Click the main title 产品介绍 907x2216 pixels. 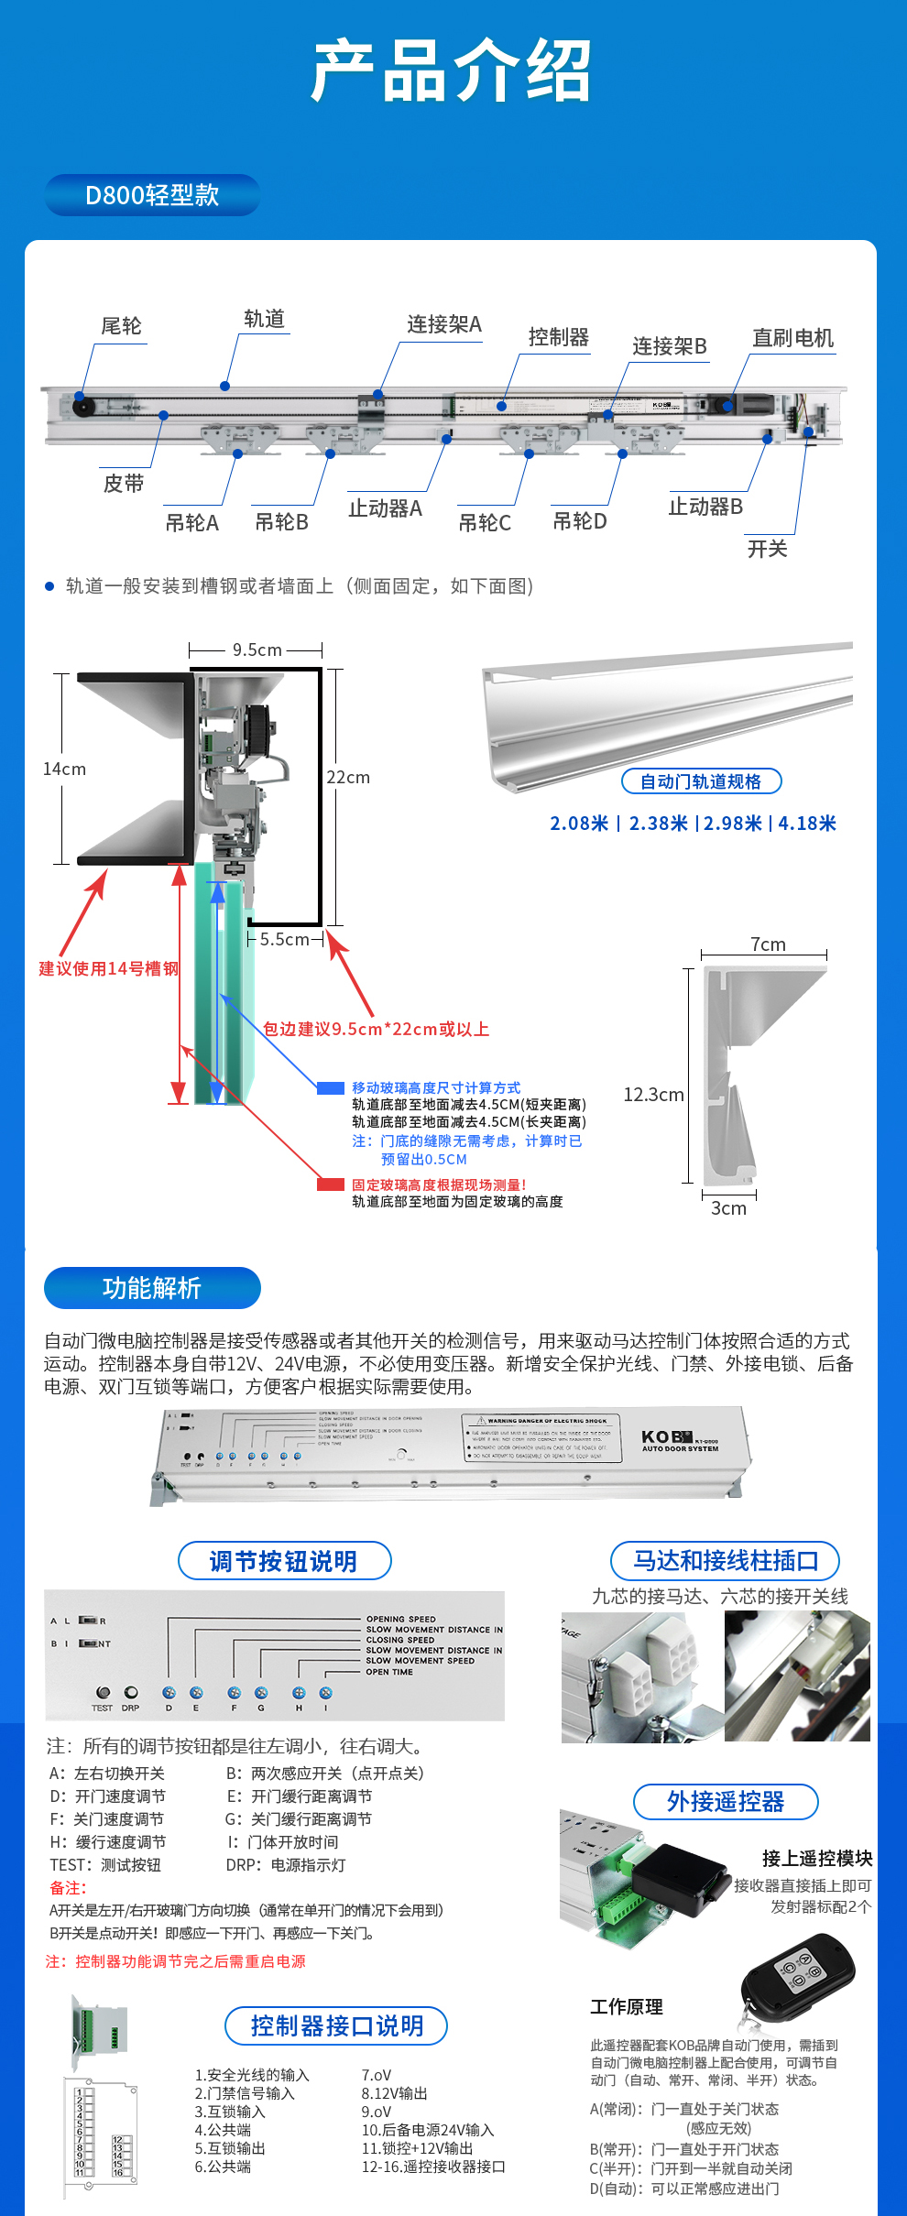point(452,71)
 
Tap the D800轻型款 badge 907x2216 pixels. point(152,195)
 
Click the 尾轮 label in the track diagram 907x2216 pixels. point(121,326)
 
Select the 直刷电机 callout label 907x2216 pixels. point(792,338)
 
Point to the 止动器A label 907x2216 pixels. point(385,508)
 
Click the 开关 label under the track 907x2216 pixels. point(767,549)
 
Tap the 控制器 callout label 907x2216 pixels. point(558,337)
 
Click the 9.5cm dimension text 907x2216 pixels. point(257,650)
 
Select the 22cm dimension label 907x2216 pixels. point(348,777)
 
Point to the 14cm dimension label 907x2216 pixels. point(64,769)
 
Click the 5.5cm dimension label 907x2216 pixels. point(284,939)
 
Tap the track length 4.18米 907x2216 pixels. point(807,823)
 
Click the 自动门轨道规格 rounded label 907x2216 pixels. point(701,781)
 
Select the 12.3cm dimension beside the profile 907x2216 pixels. point(653,1094)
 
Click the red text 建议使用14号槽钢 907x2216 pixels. point(108,968)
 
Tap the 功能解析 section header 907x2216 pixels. point(152,1288)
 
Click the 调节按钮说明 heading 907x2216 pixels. point(284,1561)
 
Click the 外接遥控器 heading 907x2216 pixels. point(725,1802)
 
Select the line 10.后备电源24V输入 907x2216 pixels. point(427,2130)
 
